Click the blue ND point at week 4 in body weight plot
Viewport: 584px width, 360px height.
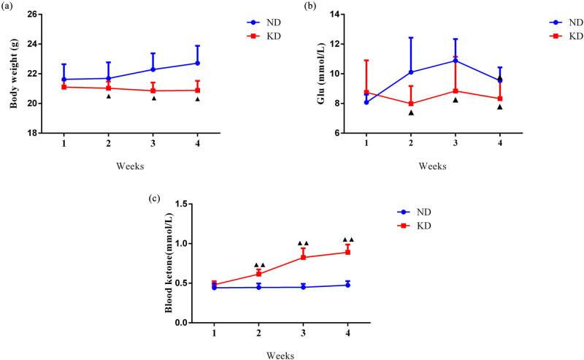coord(197,63)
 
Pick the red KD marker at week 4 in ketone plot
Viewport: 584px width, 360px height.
coord(348,252)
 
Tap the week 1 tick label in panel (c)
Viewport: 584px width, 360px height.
coord(214,333)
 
